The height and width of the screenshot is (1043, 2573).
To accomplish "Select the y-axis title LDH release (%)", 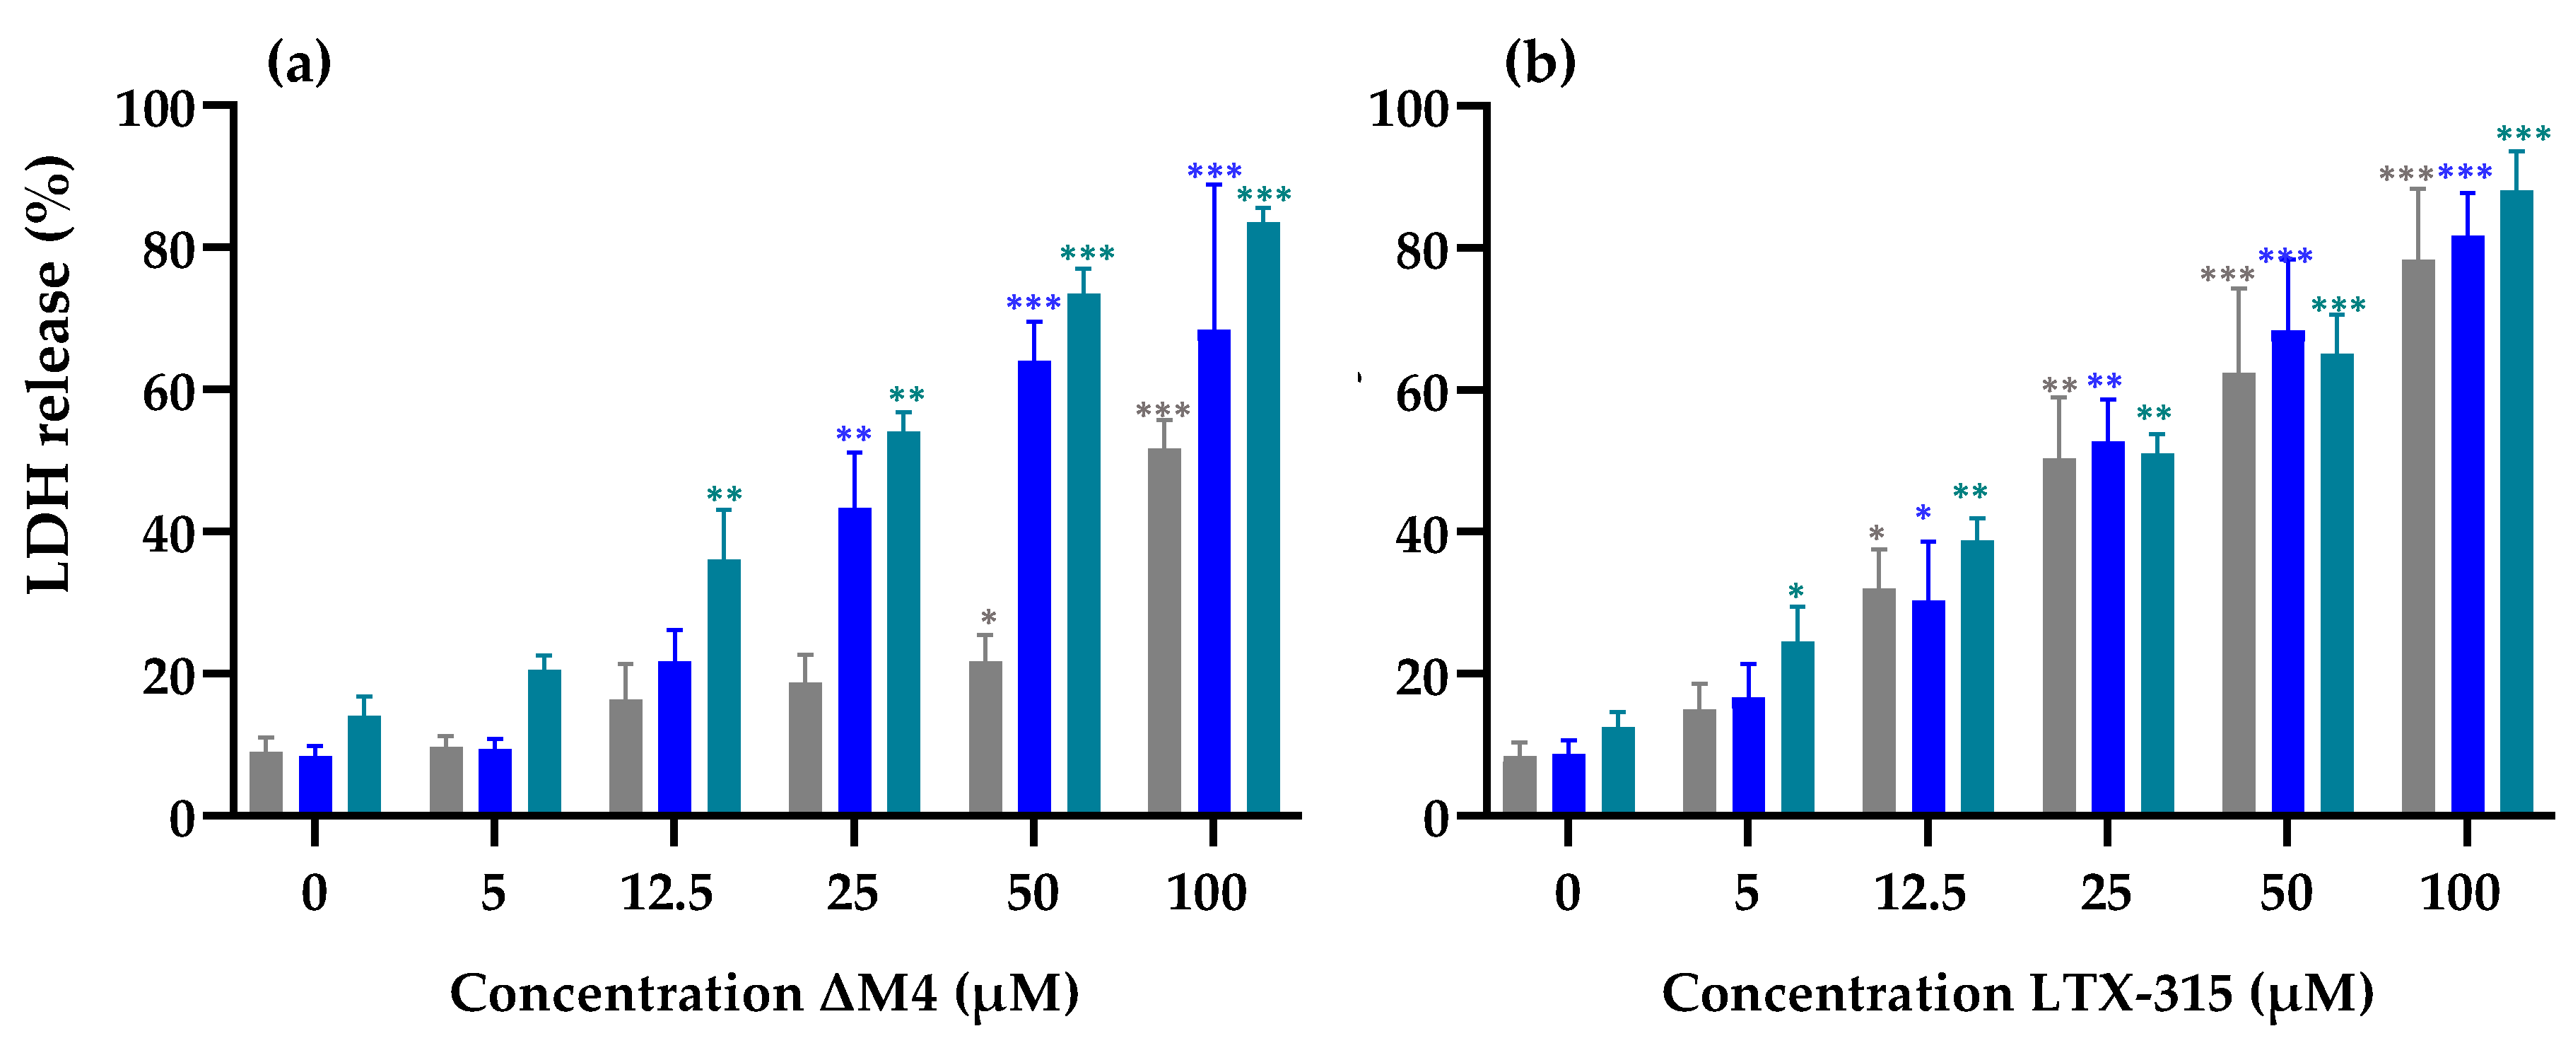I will (x=50, y=375).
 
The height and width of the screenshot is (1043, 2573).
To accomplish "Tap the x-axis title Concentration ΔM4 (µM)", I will (x=764, y=994).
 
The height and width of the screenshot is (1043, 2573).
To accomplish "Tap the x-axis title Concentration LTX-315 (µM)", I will (x=2017, y=994).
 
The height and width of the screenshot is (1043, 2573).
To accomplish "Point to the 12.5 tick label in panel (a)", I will (x=666, y=892).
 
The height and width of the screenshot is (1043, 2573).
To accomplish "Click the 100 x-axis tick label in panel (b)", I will (x=2459, y=892).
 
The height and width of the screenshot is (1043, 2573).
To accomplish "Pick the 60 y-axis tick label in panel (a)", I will (x=167, y=392).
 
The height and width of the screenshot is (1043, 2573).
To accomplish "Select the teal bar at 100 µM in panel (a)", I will (x=1262, y=520).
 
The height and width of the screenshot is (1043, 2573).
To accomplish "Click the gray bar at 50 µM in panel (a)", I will (x=985, y=739).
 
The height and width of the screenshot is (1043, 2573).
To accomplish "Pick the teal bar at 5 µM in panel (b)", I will (x=1797, y=729).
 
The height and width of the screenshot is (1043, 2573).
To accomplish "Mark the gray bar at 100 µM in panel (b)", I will (x=2417, y=540).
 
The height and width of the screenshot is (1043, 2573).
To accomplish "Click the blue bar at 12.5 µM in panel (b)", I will (x=1928, y=709).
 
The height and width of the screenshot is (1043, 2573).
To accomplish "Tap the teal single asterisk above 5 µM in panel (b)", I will (x=1796, y=590).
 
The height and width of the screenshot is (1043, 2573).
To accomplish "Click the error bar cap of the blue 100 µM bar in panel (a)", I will (x=1214, y=185).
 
